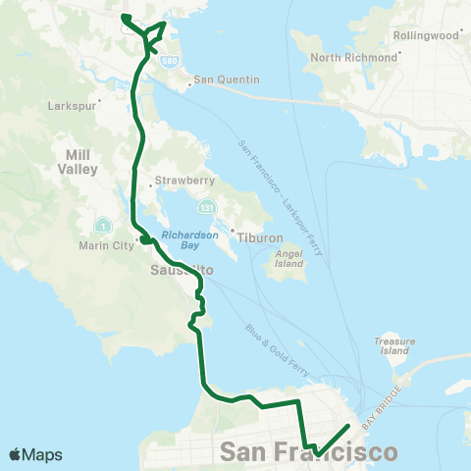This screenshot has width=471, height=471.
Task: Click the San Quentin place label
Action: pos(227,79)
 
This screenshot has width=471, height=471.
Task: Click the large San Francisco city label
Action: pos(310,452)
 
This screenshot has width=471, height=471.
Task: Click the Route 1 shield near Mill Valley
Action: pos(103,226)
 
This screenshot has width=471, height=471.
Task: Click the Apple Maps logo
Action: pos(35,454)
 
